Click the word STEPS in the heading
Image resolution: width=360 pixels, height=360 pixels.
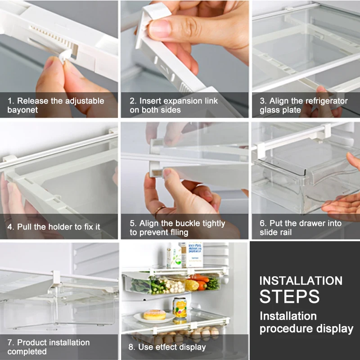(289, 297)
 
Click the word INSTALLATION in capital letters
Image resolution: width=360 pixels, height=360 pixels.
(301, 281)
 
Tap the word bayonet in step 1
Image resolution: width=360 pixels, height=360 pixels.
(22, 110)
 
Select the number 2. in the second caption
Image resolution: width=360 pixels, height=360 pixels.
(133, 101)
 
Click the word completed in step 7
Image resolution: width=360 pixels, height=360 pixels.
(27, 351)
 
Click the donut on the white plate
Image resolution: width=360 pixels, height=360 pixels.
(154, 315)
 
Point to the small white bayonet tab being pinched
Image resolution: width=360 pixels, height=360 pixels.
(64, 55)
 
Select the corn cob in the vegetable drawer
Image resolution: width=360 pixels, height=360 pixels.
(192, 285)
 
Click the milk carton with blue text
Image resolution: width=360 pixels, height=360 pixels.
(194, 255)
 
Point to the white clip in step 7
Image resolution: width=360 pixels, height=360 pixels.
(56, 279)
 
